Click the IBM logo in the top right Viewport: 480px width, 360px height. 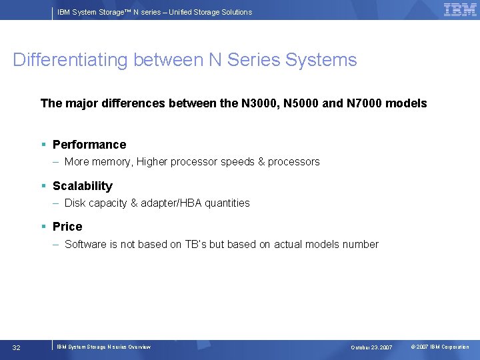coord(460,9)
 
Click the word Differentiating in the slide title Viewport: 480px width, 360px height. coord(71,60)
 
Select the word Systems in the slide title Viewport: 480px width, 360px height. coord(321,60)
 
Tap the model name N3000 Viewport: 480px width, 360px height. coord(261,103)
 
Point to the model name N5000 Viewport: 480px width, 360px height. coord(303,103)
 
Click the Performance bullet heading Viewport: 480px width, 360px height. coord(89,145)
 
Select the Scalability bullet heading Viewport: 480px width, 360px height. coord(83,186)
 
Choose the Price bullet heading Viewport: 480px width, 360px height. coord(67,227)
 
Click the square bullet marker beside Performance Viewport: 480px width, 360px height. coord(43,145)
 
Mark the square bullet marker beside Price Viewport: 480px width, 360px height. coord(43,227)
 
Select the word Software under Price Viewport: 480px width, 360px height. coord(86,245)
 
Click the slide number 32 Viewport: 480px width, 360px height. coord(17,347)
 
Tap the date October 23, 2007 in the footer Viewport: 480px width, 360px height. coord(371,347)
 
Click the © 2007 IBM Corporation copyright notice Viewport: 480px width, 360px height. coord(439,347)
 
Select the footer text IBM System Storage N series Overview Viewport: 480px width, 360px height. coord(103,347)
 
